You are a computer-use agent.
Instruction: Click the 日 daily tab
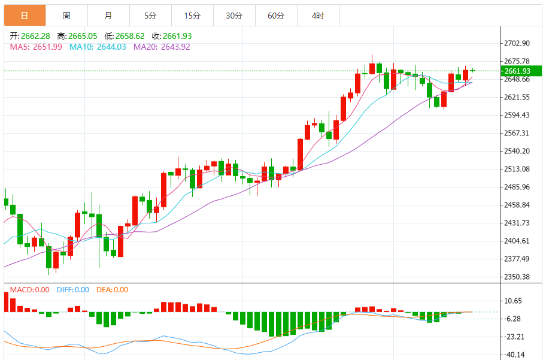[x=25, y=16]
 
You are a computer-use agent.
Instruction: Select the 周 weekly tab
[x=66, y=16]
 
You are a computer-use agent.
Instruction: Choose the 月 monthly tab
[x=108, y=16]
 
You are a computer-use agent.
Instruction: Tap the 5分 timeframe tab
[x=150, y=16]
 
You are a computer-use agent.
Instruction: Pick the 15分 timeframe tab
[x=192, y=16]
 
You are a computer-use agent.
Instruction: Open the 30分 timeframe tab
[x=234, y=16]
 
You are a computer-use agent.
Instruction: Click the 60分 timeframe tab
[x=276, y=16]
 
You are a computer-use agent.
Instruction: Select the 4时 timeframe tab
[x=318, y=16]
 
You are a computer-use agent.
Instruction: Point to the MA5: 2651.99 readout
[x=36, y=47]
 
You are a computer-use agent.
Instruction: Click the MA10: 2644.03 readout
[x=98, y=47]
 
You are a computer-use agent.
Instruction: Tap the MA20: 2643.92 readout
[x=162, y=47]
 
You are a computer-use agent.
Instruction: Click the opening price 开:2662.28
[x=31, y=36]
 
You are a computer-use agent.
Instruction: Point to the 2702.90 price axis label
[x=518, y=44]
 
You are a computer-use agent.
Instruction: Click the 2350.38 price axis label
[x=518, y=277]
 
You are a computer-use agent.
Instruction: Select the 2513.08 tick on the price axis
[x=518, y=169]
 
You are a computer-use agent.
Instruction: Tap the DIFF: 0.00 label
[x=73, y=290]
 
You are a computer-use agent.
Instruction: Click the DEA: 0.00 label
[x=113, y=290]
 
